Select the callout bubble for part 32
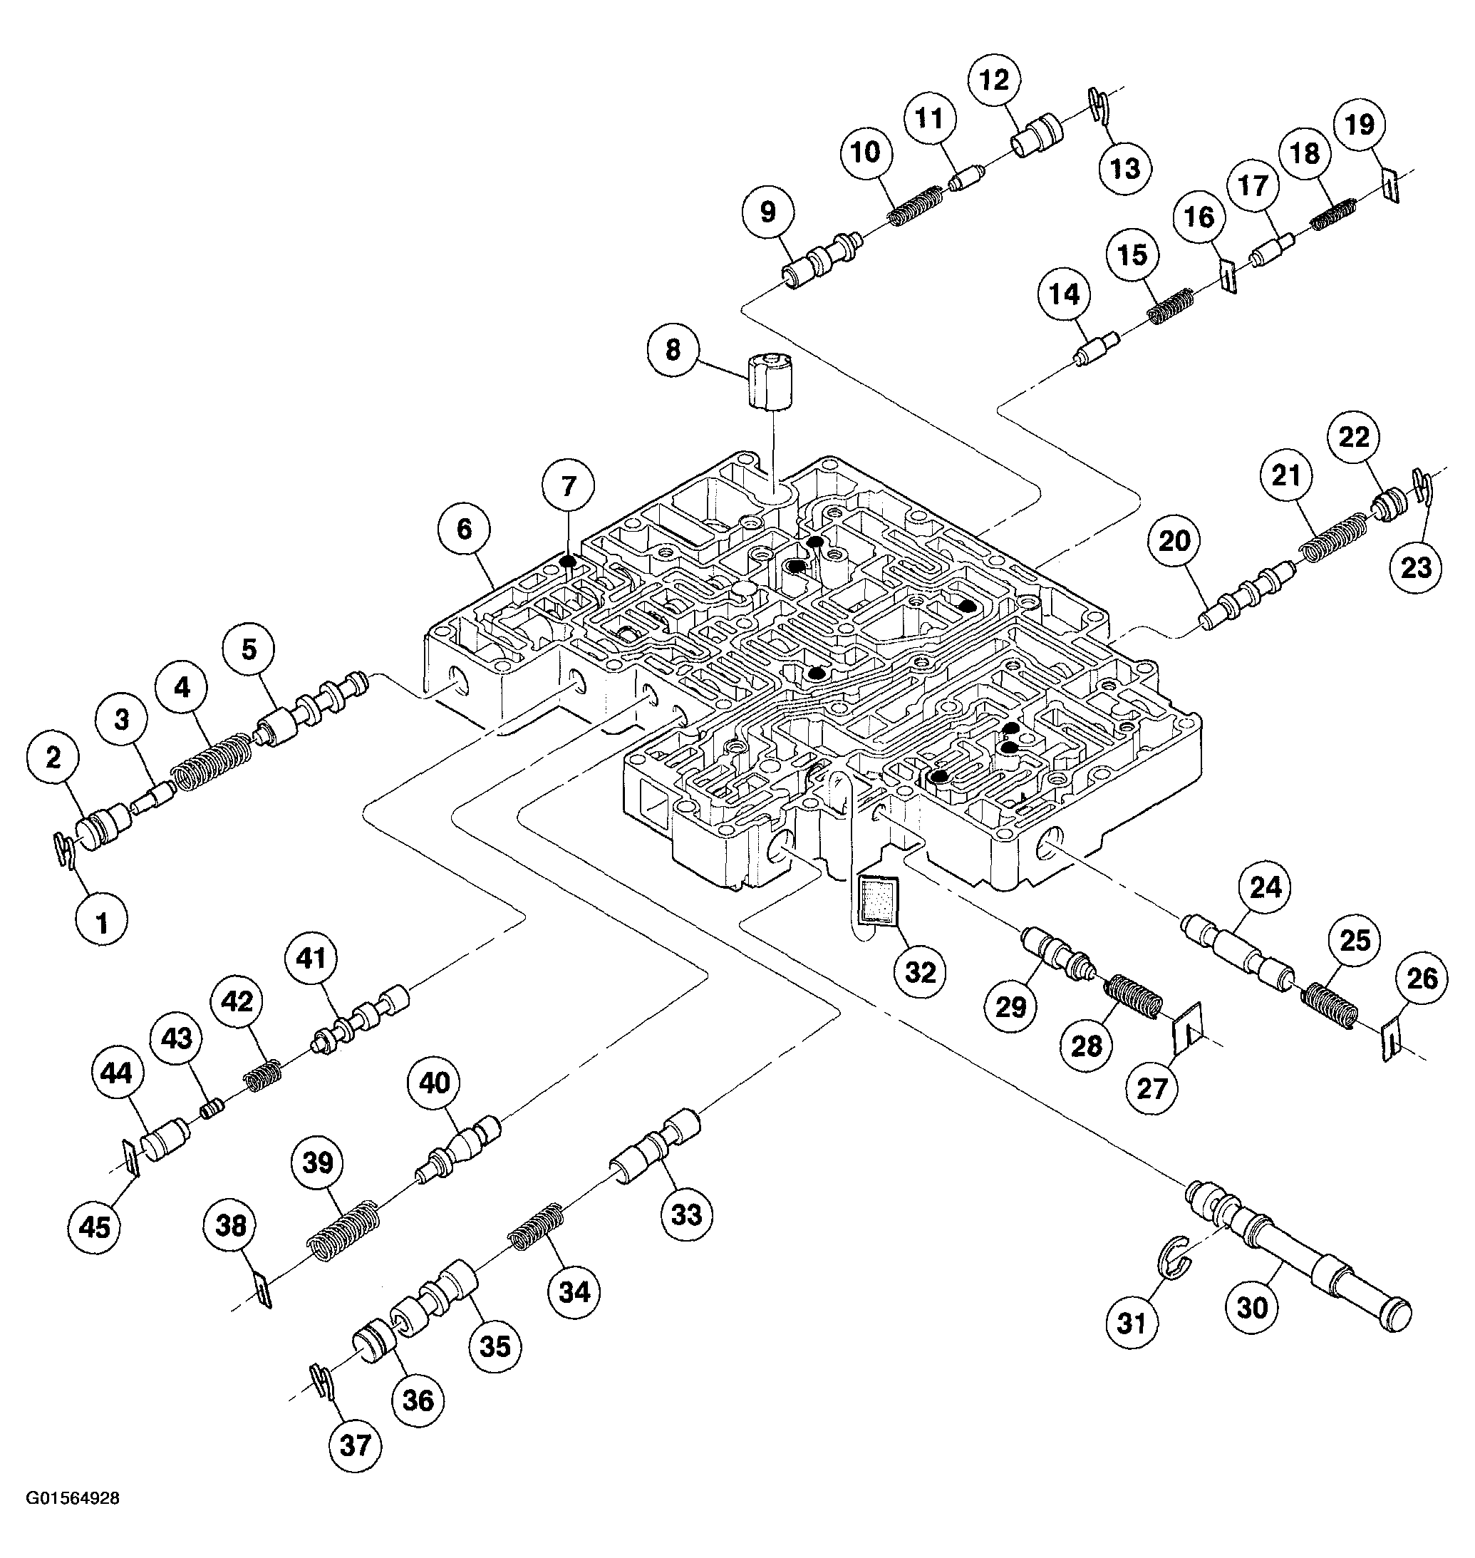[x=921, y=973]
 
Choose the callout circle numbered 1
[x=102, y=922]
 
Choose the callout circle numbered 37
[x=356, y=1445]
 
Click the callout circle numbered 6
[x=465, y=530]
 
